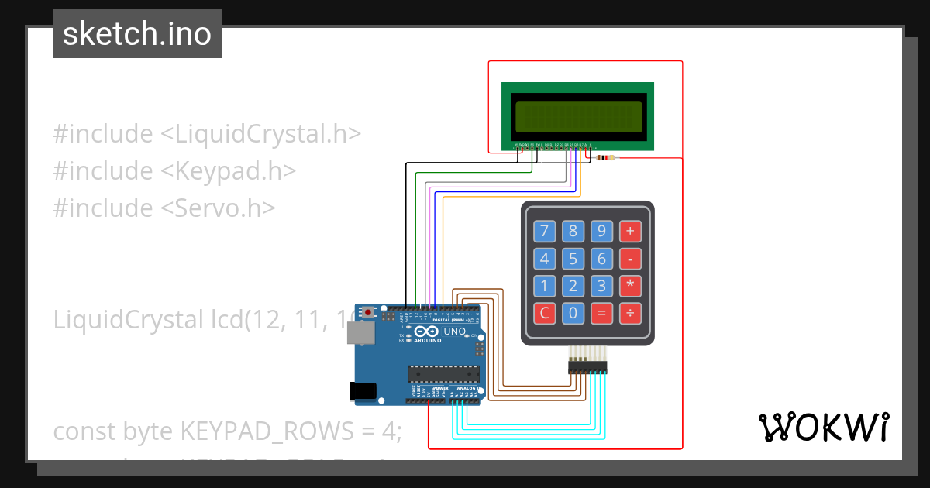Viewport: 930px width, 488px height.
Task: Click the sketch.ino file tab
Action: point(137,34)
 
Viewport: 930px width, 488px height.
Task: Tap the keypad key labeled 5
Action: point(573,259)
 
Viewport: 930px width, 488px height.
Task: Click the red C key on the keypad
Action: point(544,314)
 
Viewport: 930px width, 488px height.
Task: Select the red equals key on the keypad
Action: point(601,314)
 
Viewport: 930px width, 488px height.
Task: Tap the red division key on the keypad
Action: point(629,314)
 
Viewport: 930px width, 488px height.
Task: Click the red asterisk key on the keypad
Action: point(629,286)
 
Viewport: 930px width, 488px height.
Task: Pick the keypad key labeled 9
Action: point(601,231)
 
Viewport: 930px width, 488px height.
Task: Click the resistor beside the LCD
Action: point(605,158)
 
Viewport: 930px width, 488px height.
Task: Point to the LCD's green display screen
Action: point(577,116)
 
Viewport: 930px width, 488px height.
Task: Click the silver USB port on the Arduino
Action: point(360,333)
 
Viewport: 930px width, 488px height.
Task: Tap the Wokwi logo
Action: point(823,427)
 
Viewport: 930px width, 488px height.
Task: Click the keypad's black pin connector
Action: point(587,368)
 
